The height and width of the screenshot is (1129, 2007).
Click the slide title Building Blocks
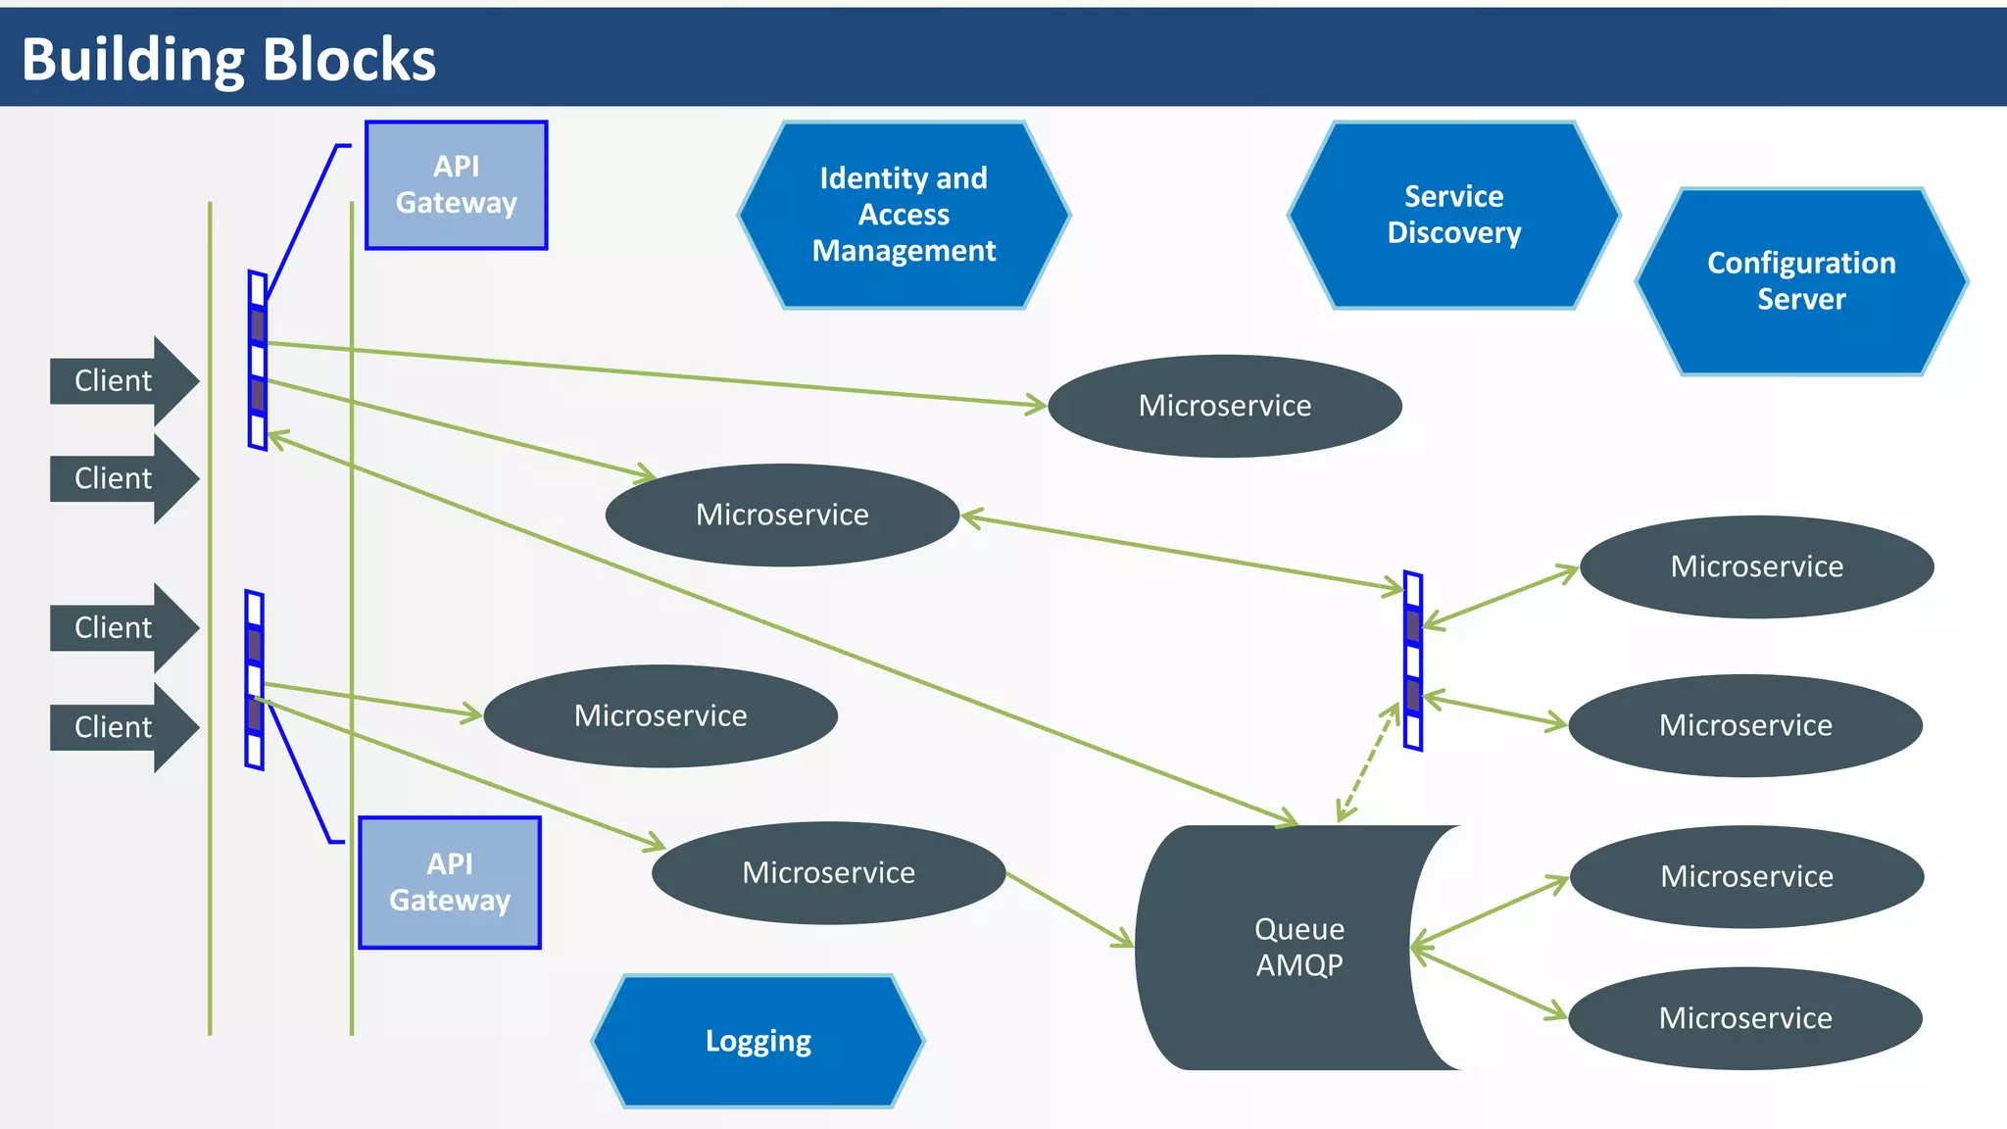click(x=228, y=59)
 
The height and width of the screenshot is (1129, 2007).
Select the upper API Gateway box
click(x=456, y=185)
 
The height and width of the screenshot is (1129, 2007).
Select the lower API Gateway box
click(x=450, y=882)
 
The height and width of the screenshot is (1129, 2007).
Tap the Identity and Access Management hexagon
click(x=904, y=215)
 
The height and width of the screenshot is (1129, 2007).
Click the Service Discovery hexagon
click(x=1453, y=215)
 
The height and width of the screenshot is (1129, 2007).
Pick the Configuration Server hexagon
click(x=1801, y=281)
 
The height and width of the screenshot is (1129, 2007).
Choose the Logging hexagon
click(x=758, y=1041)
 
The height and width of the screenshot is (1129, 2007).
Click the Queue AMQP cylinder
click(x=1284, y=947)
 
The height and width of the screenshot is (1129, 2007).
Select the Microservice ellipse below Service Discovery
click(x=1224, y=406)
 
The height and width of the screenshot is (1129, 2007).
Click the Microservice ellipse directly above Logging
click(x=828, y=872)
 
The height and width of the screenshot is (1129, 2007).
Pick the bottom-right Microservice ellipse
click(x=1745, y=1018)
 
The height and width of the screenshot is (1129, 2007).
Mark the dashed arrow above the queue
click(x=1368, y=762)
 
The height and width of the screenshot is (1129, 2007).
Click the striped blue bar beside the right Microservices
click(x=1413, y=662)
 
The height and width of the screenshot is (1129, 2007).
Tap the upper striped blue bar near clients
click(x=258, y=361)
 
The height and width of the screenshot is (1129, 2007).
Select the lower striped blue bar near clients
click(x=255, y=680)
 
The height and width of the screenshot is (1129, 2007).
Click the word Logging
click(x=758, y=1041)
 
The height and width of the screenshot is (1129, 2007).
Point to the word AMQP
click(x=1299, y=965)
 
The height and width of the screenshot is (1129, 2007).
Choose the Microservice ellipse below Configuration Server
click(x=1756, y=566)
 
